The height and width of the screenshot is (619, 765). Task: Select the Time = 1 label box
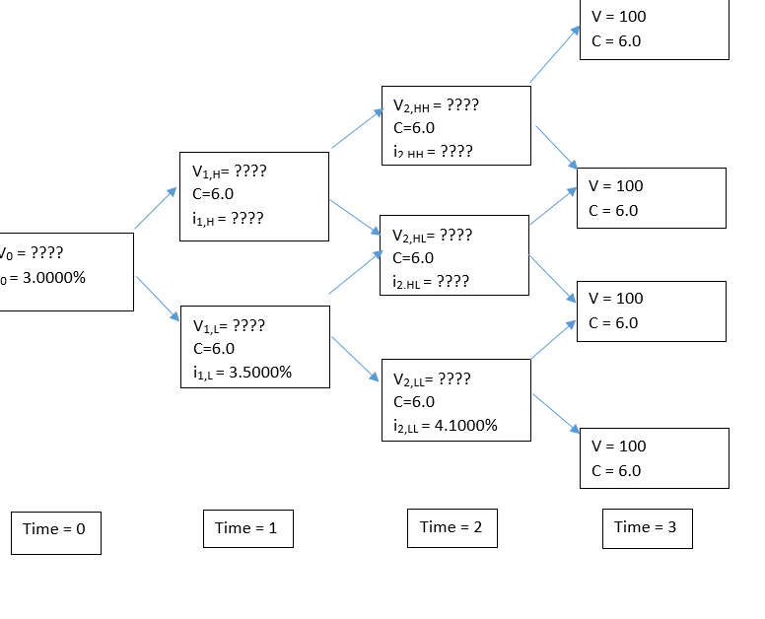[247, 528]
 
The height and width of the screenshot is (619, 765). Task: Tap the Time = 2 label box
[452, 527]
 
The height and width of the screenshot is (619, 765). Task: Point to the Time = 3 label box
[647, 527]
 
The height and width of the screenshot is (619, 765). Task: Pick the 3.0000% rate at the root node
[53, 277]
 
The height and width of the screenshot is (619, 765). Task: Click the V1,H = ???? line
[230, 172]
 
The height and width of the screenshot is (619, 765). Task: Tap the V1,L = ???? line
[229, 325]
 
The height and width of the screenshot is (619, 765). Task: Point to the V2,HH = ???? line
[436, 105]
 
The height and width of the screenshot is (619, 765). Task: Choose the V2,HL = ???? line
[432, 236]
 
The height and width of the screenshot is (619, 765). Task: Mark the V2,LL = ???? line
[431, 379]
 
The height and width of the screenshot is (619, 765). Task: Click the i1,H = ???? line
[228, 219]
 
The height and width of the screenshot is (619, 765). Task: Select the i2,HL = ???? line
[431, 282]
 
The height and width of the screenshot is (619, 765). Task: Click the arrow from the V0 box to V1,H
[156, 208]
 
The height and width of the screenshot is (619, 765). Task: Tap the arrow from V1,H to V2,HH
[357, 129]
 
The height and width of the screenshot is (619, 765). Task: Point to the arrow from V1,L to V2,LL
[356, 359]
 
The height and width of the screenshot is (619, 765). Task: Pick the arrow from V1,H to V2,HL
[355, 217]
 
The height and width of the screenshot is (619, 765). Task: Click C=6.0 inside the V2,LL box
[413, 402]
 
